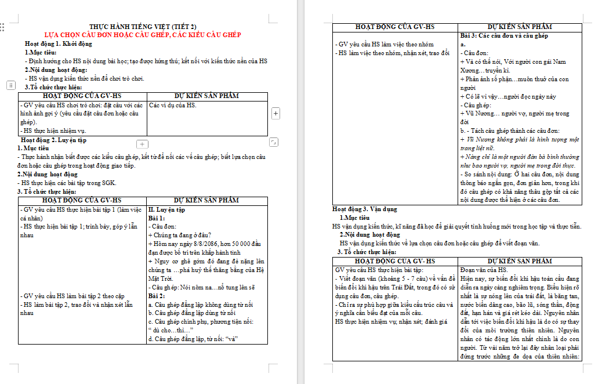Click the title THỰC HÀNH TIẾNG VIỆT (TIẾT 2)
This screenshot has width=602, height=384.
pos(143,27)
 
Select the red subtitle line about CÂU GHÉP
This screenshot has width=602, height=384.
pos(143,35)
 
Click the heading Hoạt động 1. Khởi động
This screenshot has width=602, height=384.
pos(58,44)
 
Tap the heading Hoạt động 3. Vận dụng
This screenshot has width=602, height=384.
pos(364,209)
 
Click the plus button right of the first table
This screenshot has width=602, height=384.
pos(275,113)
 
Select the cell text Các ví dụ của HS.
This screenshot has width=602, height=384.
pos(172,105)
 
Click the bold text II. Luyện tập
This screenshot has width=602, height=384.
pos(166,209)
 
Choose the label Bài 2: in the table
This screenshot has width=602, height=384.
pos(157,296)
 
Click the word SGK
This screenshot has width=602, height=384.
pos(110,183)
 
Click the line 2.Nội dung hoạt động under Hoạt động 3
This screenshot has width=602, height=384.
pos(369,234)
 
